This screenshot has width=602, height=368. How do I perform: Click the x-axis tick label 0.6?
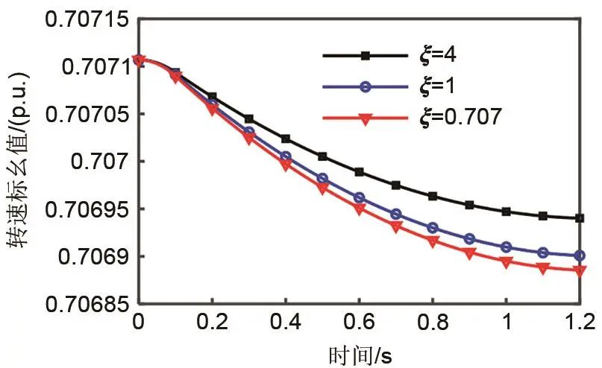click(x=359, y=323)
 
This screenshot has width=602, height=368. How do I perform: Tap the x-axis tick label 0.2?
click(x=212, y=323)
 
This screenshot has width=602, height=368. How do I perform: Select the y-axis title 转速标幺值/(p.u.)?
click(x=21, y=160)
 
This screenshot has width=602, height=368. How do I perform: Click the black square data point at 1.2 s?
click(x=580, y=218)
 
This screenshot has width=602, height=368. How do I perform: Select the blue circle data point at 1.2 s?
click(x=580, y=256)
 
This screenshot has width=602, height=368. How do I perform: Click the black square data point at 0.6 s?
click(x=359, y=172)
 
